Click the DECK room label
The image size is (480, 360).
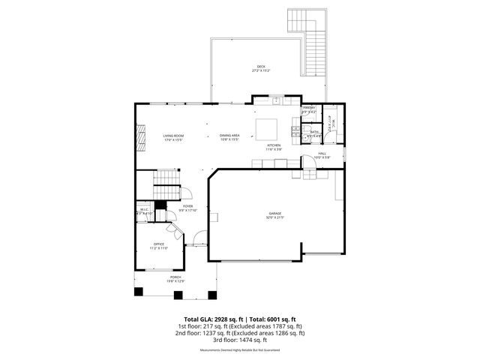pyautogui.click(x=261, y=67)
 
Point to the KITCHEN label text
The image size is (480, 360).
pyautogui.click(x=274, y=145)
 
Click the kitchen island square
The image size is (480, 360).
pyautogui.click(x=266, y=125)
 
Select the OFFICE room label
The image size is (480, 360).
pyautogui.click(x=159, y=244)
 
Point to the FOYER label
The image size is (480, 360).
pyautogui.click(x=187, y=206)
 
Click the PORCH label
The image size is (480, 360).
pyautogui.click(x=164, y=277)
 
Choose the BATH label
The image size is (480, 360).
pyautogui.click(x=315, y=131)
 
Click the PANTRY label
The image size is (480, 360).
pyautogui.click(x=308, y=109)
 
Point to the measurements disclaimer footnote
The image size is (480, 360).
pyautogui.click(x=239, y=350)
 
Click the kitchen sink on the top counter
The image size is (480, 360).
pyautogui.click(x=276, y=100)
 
